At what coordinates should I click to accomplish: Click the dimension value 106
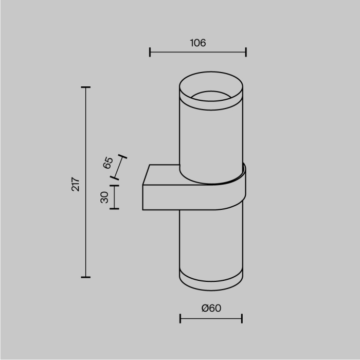[x=197, y=43]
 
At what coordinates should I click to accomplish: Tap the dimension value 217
[x=76, y=184]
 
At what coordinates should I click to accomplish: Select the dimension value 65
[x=108, y=163]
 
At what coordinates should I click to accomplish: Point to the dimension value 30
[x=104, y=197]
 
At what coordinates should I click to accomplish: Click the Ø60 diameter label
[x=211, y=308]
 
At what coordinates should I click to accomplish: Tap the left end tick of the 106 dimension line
[x=150, y=52]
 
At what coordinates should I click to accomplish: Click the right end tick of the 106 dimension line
[x=246, y=52]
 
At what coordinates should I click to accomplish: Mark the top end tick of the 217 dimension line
[x=86, y=87]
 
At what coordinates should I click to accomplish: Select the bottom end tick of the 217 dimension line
[x=86, y=277]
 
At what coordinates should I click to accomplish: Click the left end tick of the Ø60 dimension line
[x=180, y=319]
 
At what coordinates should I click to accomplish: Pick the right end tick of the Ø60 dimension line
[x=242, y=319]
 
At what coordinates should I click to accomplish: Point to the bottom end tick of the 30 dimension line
[x=114, y=209]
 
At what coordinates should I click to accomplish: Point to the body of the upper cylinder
[x=211, y=139]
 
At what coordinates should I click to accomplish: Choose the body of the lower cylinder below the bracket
[x=211, y=242]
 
